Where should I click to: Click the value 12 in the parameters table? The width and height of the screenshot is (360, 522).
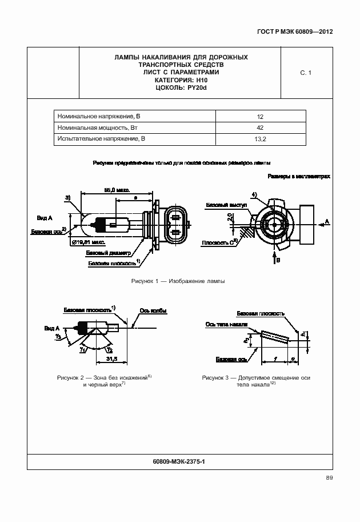pyautogui.click(x=260, y=117)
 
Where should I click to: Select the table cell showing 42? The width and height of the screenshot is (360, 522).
pyautogui.click(x=260, y=127)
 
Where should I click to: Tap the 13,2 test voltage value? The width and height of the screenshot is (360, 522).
pyautogui.click(x=260, y=139)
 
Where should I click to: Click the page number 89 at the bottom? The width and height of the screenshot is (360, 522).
pyautogui.click(x=329, y=478)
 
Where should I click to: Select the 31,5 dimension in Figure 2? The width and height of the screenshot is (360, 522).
pyautogui.click(x=112, y=359)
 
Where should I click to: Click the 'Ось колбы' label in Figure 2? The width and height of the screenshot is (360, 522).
pyautogui.click(x=153, y=311)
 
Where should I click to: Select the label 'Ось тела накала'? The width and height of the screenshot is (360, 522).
pyautogui.click(x=226, y=324)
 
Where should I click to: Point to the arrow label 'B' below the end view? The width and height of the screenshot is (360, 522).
pyautogui.click(x=278, y=260)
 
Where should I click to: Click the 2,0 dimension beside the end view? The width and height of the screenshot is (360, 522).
pyautogui.click(x=230, y=218)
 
